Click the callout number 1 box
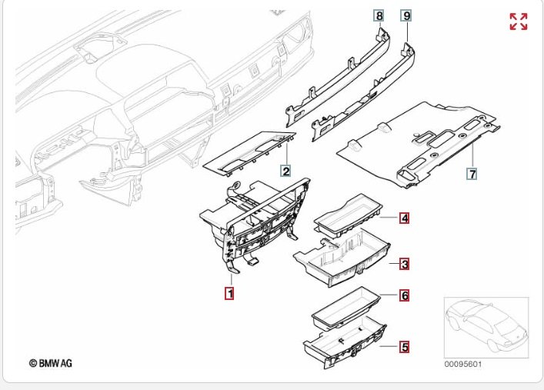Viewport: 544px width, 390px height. (229, 292)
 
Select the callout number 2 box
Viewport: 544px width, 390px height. (285, 171)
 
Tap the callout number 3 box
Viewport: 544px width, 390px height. (404, 265)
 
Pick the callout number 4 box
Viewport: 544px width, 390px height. (404, 218)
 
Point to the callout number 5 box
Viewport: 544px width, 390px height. (404, 346)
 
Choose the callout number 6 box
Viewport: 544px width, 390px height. (404, 295)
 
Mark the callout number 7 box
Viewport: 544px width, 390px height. (472, 175)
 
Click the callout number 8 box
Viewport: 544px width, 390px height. (379, 15)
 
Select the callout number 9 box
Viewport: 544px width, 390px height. (406, 15)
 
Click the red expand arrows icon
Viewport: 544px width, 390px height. (519, 22)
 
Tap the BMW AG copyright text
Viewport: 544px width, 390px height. (51, 362)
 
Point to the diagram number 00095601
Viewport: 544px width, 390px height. (463, 364)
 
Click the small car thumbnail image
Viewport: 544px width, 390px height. (486, 326)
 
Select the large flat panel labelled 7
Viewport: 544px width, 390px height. (416, 142)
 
